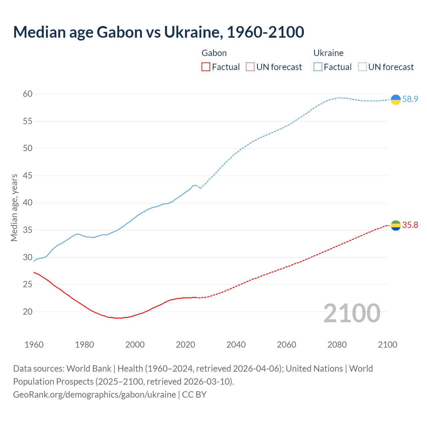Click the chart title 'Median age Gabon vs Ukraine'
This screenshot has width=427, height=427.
[158, 32]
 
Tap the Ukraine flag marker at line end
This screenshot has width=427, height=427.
[396, 99]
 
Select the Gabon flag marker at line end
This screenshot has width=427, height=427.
[396, 226]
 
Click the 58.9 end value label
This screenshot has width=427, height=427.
[410, 99]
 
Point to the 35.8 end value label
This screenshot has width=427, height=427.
[410, 225]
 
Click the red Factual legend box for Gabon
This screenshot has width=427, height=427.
[206, 67]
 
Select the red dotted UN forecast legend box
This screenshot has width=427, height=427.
[250, 67]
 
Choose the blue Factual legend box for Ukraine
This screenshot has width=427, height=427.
[318, 67]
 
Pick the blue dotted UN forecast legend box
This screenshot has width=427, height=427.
[362, 67]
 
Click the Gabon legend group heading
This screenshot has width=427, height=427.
[214, 53]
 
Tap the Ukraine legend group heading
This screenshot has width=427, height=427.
[329, 53]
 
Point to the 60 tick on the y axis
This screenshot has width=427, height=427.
[28, 94]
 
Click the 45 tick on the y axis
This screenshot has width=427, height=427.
[28, 176]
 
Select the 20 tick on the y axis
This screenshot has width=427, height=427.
[28, 312]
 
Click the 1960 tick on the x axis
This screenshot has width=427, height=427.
[34, 345]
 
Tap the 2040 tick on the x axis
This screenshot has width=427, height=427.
[236, 345]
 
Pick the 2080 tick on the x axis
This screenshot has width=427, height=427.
[337, 345]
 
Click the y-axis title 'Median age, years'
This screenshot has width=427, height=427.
[14, 207]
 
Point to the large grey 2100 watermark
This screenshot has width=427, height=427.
[352, 313]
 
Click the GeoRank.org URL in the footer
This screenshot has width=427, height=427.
[94, 395]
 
